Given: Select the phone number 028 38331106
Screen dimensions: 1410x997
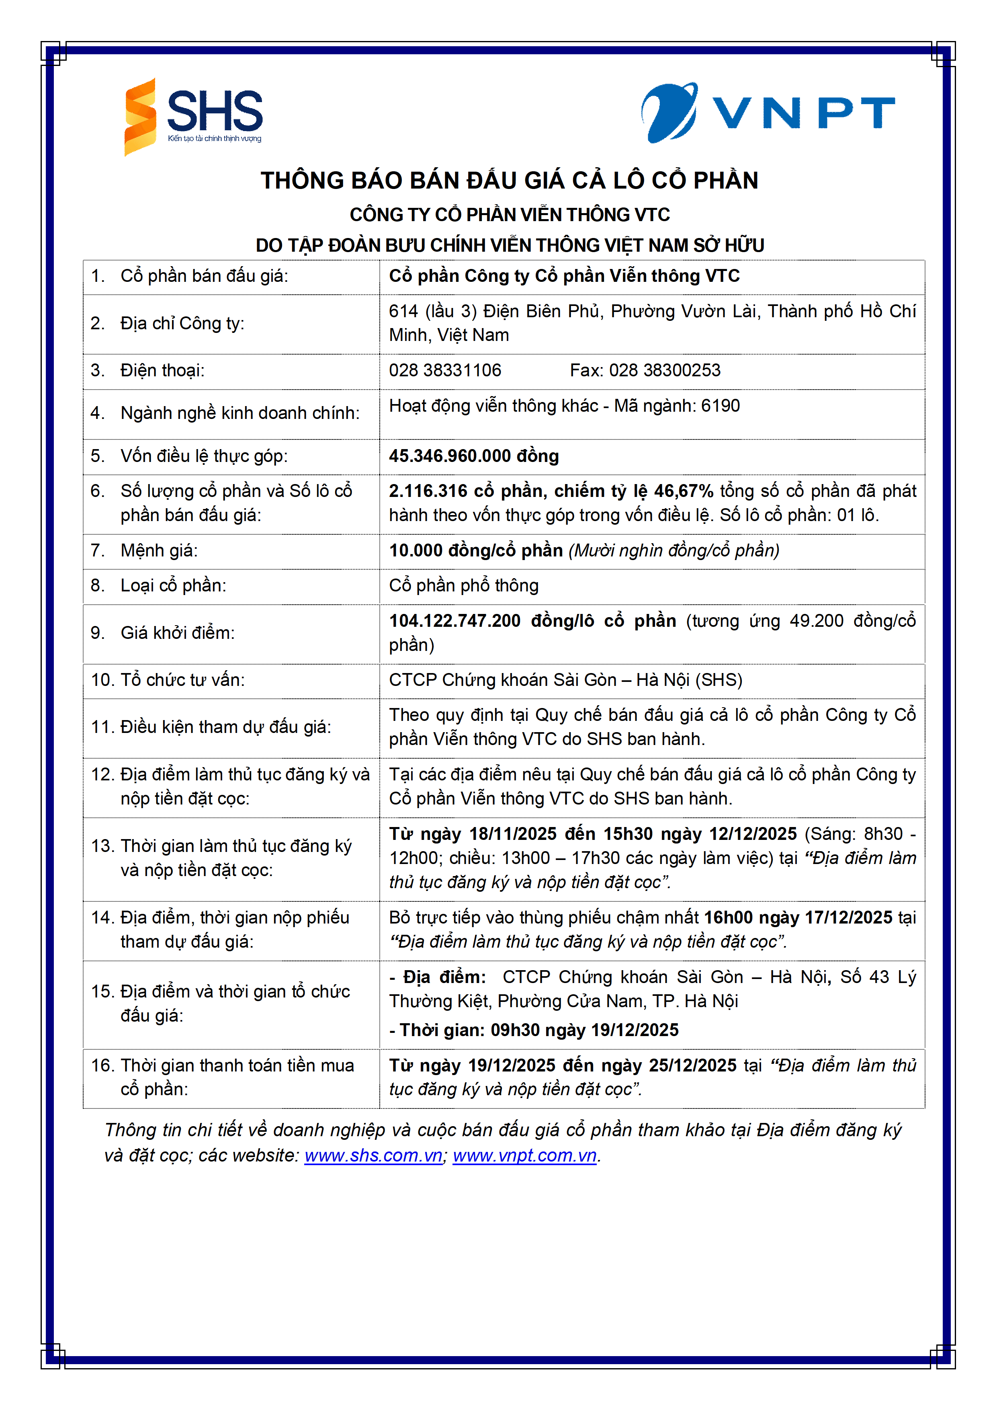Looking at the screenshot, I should point(445,370).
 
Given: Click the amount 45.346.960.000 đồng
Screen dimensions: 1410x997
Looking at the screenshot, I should point(474,456).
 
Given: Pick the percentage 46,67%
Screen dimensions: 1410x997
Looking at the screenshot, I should point(683,491).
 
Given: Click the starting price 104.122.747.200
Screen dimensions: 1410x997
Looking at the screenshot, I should point(455,621).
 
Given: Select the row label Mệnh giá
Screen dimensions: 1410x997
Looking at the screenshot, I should point(159,550).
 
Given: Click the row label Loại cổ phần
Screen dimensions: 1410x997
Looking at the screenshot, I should point(173,585).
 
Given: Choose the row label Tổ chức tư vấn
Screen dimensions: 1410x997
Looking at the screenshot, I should point(182,680).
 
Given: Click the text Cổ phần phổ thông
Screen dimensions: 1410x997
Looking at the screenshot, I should point(463,585).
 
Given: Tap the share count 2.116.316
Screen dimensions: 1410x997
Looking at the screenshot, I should point(428,491).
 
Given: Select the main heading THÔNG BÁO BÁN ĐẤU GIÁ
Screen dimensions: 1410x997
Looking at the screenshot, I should point(510,181).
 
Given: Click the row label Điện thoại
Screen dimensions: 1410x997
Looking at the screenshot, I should point(162,370).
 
